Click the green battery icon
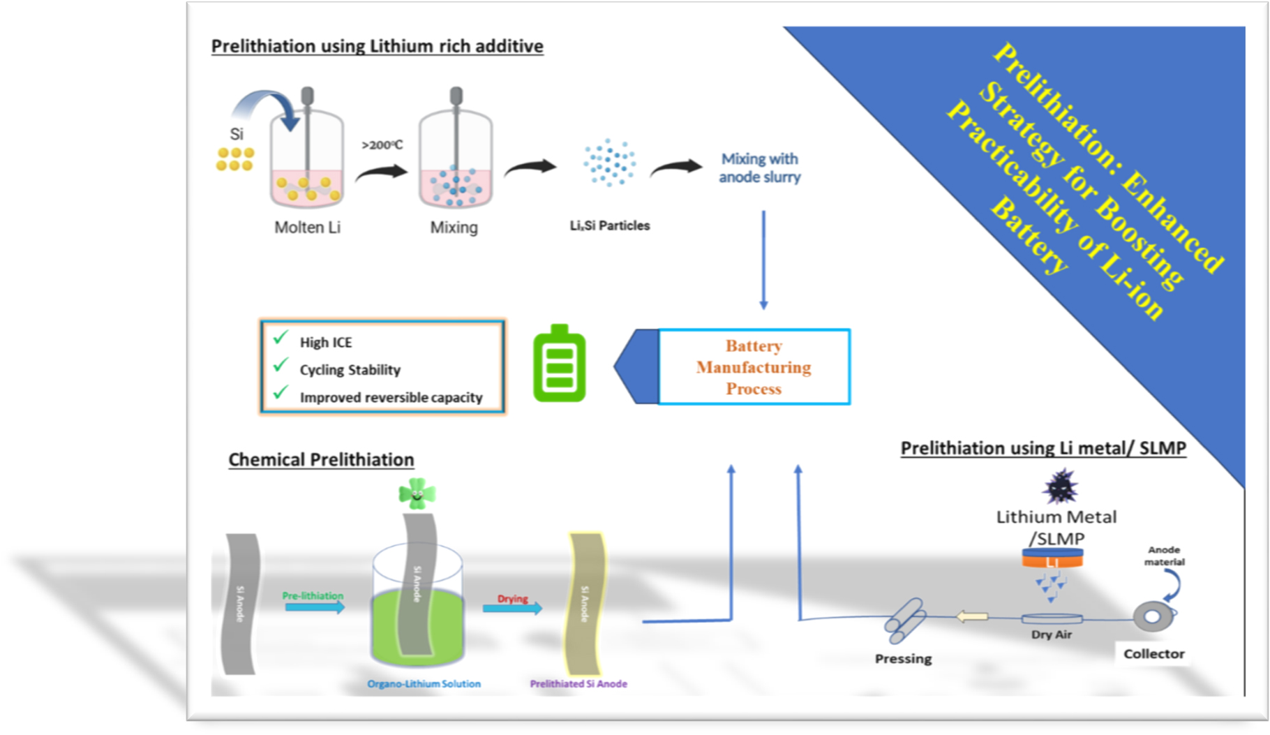click(559, 364)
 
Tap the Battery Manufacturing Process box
click(754, 367)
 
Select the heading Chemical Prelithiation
click(321, 459)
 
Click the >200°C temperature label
click(382, 145)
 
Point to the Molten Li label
click(307, 228)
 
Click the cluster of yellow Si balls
click(234, 158)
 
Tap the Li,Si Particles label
click(609, 225)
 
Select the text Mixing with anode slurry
click(759, 168)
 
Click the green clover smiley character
click(417, 493)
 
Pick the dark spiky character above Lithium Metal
click(1060, 487)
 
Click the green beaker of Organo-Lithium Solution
click(417, 625)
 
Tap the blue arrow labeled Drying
click(512, 608)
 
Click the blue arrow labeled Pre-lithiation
click(314, 607)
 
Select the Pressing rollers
click(905, 620)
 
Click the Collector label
click(1153, 654)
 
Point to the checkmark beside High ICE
click(281, 338)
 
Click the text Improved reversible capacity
click(391, 397)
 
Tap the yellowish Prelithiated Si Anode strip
click(585, 604)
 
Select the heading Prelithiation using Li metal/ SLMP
click(1043, 448)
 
